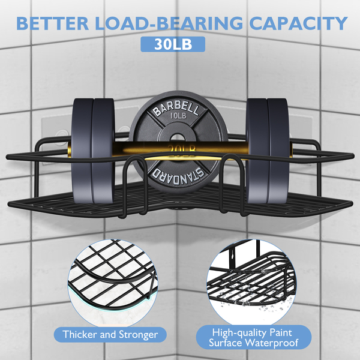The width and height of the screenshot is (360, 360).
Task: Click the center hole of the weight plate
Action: point(178,144)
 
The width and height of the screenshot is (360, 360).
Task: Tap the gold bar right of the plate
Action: point(238,147)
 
